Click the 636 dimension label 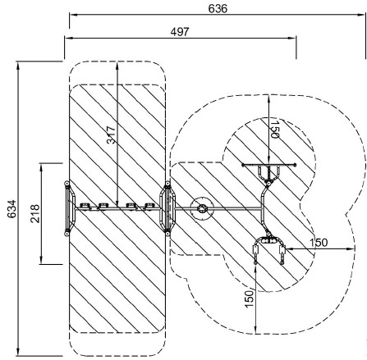218,9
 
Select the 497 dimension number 180,32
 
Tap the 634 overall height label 12,209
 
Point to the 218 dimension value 35,213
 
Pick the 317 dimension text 111,134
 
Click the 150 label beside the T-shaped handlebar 275,129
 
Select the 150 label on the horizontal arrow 319,243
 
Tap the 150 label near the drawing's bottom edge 249,298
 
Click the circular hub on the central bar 203,209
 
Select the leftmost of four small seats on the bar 85,206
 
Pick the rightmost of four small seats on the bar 149,206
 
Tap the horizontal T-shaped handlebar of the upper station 269,165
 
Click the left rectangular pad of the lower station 255,250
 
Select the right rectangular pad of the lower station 282,250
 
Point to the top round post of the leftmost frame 67,184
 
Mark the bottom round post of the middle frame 167,233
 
